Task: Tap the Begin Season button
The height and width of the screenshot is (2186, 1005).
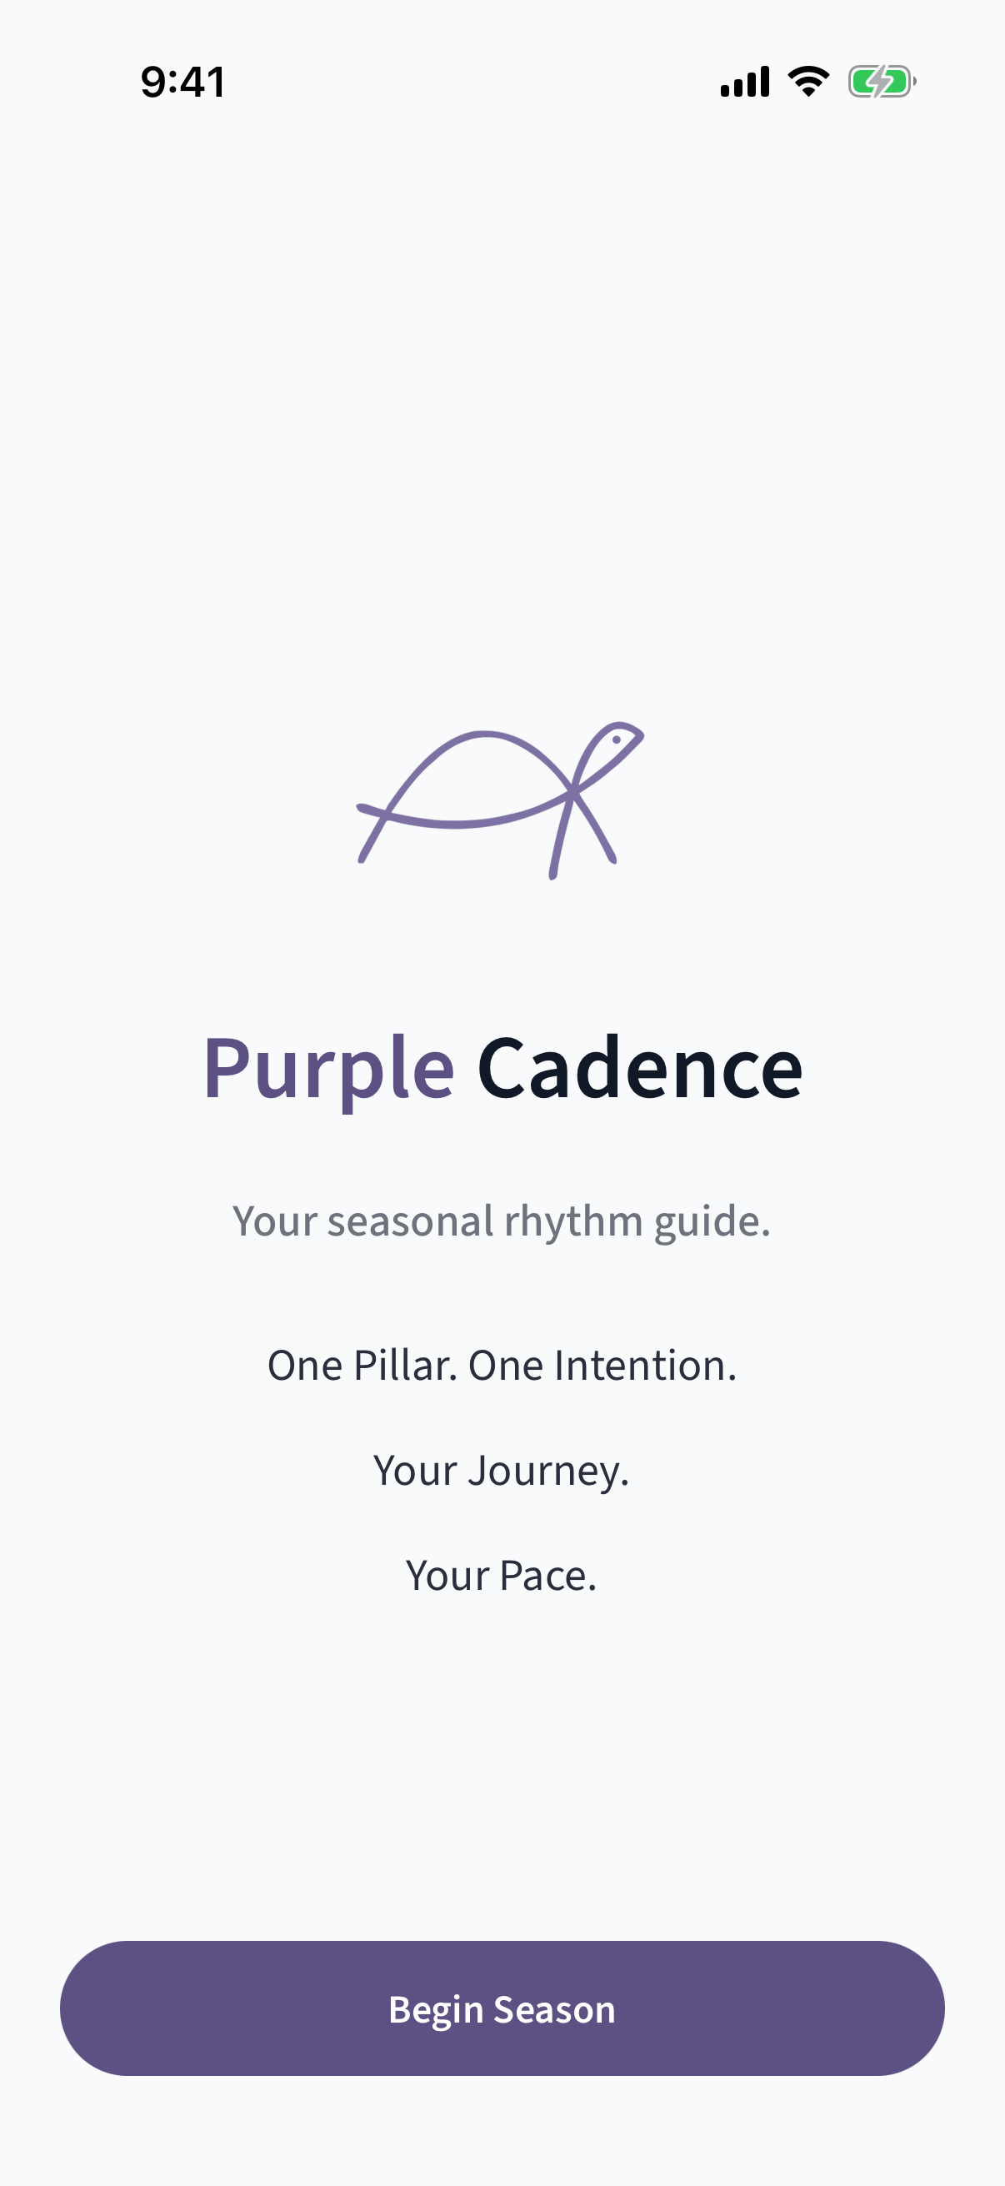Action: click(x=502, y=2008)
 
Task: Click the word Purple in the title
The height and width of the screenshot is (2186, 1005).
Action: click(x=328, y=1069)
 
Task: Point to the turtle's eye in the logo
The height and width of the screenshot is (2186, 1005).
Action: click(x=617, y=740)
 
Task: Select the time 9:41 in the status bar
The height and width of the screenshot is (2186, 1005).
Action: click(x=183, y=83)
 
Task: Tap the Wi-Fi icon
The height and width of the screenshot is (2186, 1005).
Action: click(x=808, y=82)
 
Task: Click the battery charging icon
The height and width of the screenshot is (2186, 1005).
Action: click(x=881, y=82)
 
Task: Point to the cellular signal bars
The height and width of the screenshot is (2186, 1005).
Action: click(x=745, y=82)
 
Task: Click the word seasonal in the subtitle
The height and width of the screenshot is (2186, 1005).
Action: click(x=411, y=1221)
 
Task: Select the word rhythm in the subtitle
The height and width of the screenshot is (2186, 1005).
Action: click(x=573, y=1221)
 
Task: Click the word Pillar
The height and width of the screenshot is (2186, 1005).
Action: click(x=403, y=1366)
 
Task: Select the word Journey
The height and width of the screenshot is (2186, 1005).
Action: click(x=546, y=1471)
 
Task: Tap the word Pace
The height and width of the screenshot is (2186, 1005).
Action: click(x=546, y=1576)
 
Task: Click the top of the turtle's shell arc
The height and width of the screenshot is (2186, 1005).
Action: click(x=483, y=733)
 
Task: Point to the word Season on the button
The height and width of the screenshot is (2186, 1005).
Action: click(x=555, y=2009)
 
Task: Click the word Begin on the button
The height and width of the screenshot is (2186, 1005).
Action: click(x=436, y=2009)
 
